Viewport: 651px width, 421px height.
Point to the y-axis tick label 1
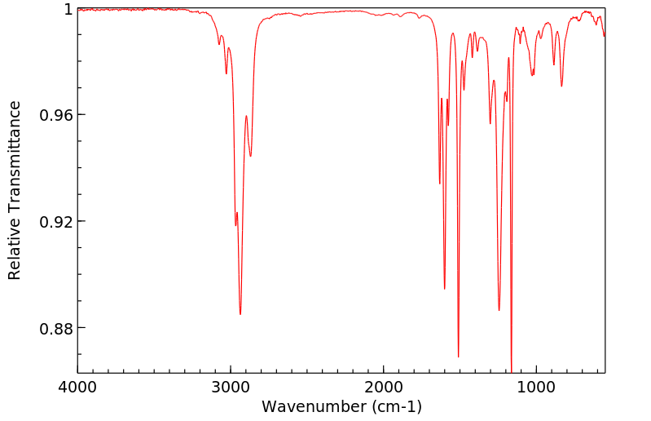coord(68,9)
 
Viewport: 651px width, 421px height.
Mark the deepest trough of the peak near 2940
coord(240,314)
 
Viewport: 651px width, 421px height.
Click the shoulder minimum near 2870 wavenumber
coord(251,156)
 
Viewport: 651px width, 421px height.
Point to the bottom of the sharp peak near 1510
coord(459,357)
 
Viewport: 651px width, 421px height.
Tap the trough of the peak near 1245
coord(499,310)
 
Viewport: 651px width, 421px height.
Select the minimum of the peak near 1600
coord(445,288)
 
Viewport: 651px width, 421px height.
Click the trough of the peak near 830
coord(561,86)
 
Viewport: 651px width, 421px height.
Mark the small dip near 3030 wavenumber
coord(227,73)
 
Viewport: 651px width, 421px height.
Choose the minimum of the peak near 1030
coord(532,75)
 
